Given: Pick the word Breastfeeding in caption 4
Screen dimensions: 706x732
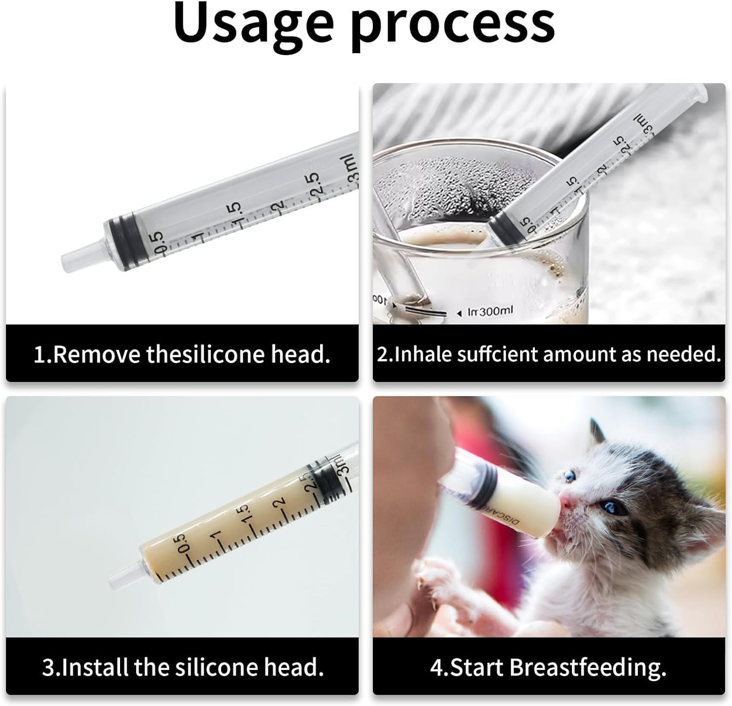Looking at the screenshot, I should pos(588,667).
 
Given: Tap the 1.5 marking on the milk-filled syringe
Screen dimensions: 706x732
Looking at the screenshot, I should pos(245,515).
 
